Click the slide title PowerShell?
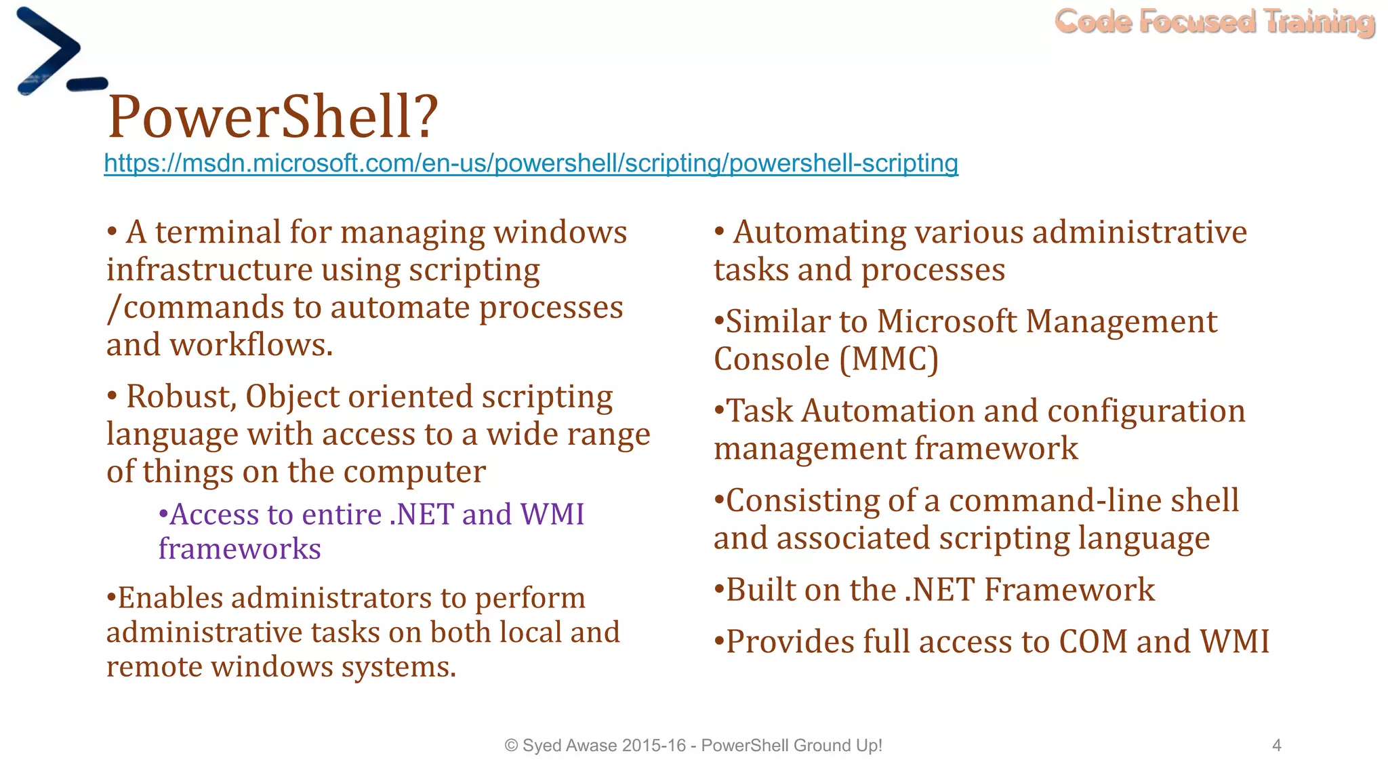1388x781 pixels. (x=273, y=117)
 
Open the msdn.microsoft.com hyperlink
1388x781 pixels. (x=531, y=163)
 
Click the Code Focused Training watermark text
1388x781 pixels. (x=1214, y=22)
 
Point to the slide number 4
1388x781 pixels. (x=1277, y=746)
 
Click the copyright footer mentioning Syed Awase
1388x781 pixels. (x=693, y=746)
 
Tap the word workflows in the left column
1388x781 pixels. (x=251, y=345)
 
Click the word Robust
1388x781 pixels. (x=181, y=397)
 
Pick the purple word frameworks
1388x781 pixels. (x=239, y=549)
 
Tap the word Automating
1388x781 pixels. (x=819, y=233)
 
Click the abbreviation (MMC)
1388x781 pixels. (x=889, y=359)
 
